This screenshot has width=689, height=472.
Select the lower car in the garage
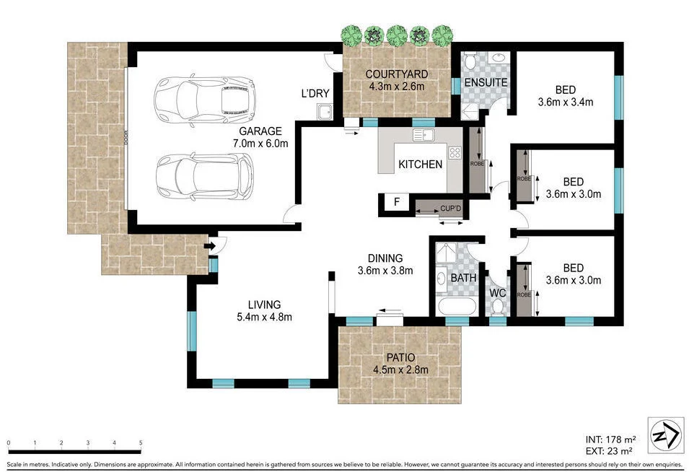(x=205, y=176)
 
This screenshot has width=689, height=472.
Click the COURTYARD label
(x=396, y=74)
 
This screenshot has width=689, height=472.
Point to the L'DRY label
(x=315, y=93)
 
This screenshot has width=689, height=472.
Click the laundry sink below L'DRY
(x=323, y=112)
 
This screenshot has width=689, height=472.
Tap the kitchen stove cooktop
(x=455, y=152)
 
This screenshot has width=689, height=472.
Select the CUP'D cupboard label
(x=452, y=209)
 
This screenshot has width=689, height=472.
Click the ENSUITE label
(x=486, y=82)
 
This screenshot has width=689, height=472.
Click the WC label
(x=497, y=294)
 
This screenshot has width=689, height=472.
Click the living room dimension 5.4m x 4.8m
(x=264, y=316)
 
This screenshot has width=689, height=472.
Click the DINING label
(x=385, y=258)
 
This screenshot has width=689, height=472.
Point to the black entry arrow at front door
(x=209, y=247)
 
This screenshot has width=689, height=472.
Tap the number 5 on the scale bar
(x=141, y=443)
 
